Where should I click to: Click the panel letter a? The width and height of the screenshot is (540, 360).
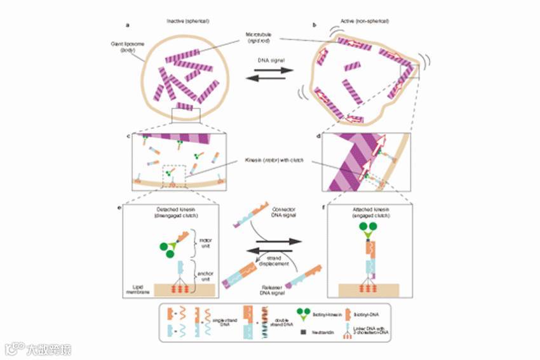pos(128,25)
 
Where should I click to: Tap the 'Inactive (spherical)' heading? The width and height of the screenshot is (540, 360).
pos(188,21)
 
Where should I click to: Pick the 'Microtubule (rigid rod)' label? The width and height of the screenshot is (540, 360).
pos(260,36)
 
